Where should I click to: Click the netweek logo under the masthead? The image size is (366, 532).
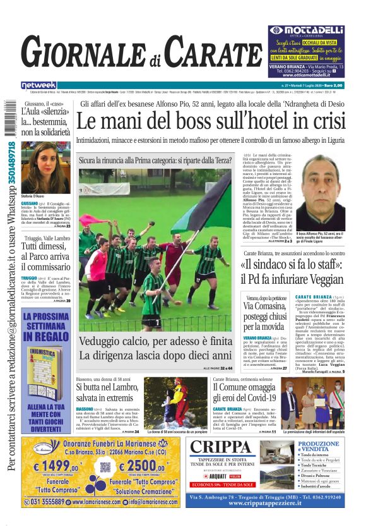coord(38,85)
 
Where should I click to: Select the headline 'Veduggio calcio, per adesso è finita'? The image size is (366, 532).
coord(155,341)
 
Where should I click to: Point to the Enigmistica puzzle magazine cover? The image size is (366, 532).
coord(45,373)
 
